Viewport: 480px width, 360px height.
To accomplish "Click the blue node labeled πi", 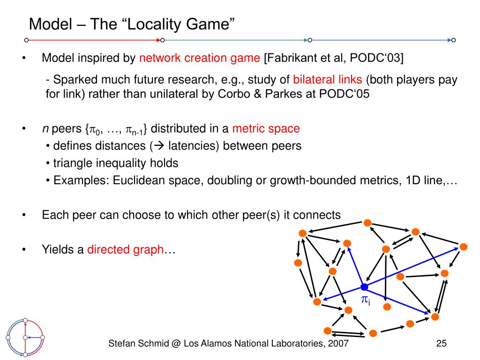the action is tap(364, 287).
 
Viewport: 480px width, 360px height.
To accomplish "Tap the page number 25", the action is tap(442, 344).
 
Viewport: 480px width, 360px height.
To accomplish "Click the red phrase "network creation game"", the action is tap(200, 58).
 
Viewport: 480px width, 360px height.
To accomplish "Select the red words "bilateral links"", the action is tap(328, 80).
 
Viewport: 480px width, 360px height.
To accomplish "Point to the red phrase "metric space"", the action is tap(266, 128).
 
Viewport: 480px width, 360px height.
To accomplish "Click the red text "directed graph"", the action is tap(126, 250).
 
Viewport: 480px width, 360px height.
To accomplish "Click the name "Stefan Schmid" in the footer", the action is tap(139, 344).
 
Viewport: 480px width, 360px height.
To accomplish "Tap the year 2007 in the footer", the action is tap(338, 344).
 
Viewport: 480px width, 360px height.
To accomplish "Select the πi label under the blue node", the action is tap(366, 300).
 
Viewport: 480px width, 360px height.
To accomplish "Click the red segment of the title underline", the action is tap(94, 40).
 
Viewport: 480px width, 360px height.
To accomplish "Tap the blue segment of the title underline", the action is tap(382, 40).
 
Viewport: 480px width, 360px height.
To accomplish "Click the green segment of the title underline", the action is tap(236, 40).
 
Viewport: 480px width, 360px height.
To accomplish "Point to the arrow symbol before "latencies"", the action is tap(159, 146).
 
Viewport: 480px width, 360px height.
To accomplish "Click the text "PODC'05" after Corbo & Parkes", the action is tap(344, 94).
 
